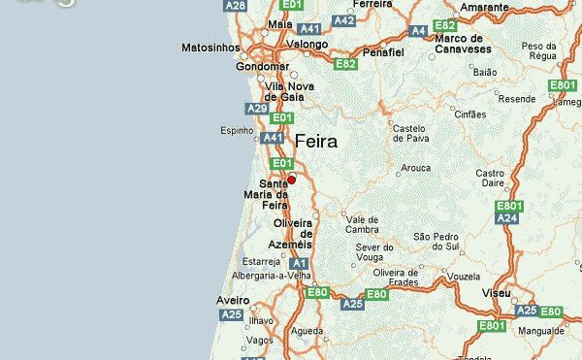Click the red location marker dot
(x=291, y=180)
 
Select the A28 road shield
(x=236, y=6)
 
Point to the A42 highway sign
(x=343, y=19)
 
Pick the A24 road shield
(x=507, y=219)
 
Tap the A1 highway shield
(x=299, y=263)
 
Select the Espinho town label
(x=237, y=130)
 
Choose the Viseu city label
(x=496, y=291)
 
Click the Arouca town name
(x=415, y=168)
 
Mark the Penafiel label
(x=383, y=50)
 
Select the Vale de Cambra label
(x=362, y=224)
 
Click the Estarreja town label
(x=261, y=261)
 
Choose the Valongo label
(x=307, y=44)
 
